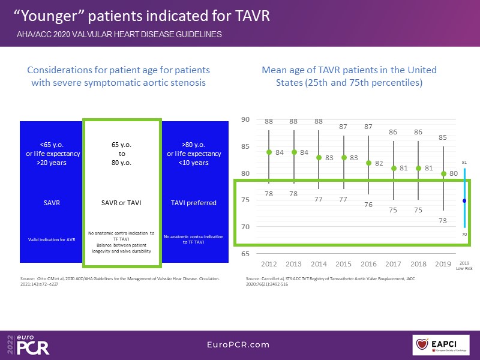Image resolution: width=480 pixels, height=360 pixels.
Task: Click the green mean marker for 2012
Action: pos(269,152)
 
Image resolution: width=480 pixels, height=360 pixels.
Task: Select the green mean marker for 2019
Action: pos(443,174)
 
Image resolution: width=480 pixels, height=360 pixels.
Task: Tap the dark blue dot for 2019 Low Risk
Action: pos(464,200)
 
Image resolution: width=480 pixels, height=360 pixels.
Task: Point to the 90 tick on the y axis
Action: pos(245,120)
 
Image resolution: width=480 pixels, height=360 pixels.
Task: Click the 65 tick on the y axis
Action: pos(245,254)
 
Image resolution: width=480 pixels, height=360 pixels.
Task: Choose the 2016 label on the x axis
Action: pos(368,264)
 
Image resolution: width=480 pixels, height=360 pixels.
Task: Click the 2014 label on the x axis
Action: pos(319,264)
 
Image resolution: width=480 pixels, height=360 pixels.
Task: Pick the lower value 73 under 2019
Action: pos(443,220)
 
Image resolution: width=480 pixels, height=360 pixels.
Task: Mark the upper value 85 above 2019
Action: pos(443,137)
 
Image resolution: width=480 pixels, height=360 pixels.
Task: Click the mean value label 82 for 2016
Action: pos(379,163)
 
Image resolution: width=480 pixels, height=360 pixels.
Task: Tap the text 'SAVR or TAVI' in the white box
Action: pos(122,203)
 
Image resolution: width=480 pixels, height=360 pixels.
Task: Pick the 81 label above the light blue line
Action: pos(464,162)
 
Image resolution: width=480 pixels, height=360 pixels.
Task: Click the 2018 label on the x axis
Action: pos(418,264)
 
